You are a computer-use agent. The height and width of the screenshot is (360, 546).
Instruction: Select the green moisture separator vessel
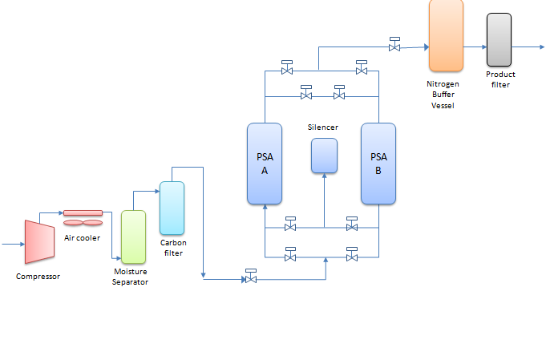tap(133, 237)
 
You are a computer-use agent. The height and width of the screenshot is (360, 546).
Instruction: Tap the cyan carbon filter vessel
tap(172, 208)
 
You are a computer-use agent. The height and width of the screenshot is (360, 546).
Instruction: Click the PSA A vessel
tap(265, 163)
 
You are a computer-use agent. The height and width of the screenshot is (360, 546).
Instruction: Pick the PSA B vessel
tap(378, 163)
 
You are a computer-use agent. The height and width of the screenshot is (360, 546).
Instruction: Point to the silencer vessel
tap(324, 155)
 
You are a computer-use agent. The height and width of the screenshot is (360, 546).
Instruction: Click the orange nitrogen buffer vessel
tap(446, 34)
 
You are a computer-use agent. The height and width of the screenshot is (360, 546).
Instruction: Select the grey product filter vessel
tap(499, 39)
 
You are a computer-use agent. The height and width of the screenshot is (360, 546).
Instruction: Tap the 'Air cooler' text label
tap(81, 238)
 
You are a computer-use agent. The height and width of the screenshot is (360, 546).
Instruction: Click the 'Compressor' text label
tap(38, 277)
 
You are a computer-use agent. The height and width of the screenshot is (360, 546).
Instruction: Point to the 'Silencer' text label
tap(323, 127)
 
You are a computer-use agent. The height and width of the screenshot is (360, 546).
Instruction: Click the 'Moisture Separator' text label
tap(131, 277)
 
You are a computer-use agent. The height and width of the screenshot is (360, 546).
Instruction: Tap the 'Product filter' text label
tap(501, 79)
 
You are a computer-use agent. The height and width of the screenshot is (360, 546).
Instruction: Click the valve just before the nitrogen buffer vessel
tap(394, 47)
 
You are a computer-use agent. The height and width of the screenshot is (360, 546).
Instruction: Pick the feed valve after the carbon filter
tap(251, 278)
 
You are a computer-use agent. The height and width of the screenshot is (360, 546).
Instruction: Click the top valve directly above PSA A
tap(287, 70)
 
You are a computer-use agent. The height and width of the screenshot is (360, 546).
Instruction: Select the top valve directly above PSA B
tap(362, 70)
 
